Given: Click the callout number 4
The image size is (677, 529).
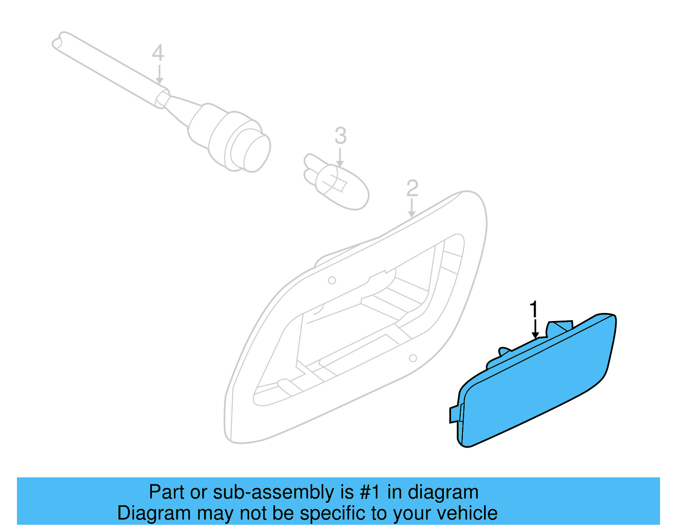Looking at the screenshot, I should click(158, 53).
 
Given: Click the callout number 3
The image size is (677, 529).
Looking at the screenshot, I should click(340, 136).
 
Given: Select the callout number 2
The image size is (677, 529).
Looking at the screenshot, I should click(412, 188).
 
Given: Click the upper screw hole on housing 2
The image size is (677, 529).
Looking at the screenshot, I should click(332, 280).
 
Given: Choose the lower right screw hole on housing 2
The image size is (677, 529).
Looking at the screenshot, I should click(413, 358).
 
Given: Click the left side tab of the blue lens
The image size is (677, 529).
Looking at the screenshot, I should click(454, 414).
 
